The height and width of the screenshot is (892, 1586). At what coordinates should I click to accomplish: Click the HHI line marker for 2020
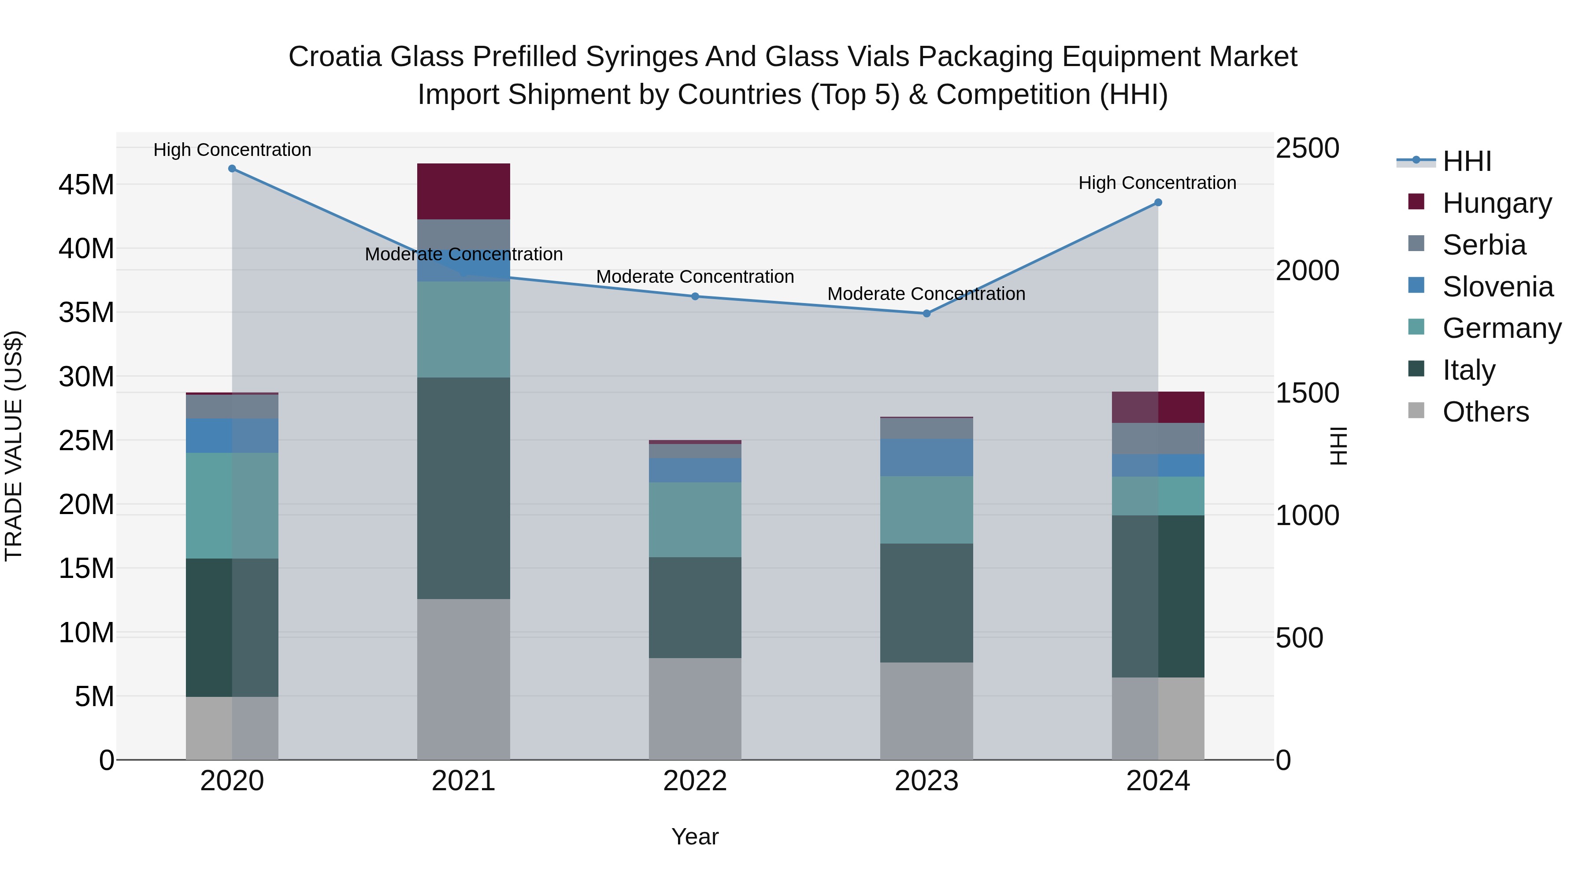[232, 169]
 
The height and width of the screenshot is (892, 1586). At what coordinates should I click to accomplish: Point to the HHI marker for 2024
[1158, 203]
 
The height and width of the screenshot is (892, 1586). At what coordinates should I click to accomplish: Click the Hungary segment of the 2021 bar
[463, 192]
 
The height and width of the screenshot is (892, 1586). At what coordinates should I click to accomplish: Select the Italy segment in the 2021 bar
[463, 488]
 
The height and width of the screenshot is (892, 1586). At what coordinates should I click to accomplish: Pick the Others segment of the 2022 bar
[695, 709]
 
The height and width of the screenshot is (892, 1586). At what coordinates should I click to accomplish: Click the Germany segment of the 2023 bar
[926, 510]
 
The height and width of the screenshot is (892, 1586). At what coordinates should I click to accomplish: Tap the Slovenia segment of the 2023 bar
[926, 457]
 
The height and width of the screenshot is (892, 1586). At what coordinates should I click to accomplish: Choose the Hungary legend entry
[1497, 203]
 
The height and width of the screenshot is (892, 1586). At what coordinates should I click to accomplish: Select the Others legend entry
[1485, 412]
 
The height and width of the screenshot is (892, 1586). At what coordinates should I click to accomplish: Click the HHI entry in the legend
[1467, 161]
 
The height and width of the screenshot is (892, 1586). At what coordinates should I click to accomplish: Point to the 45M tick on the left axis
[86, 185]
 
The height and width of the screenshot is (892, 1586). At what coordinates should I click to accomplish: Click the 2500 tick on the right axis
[1307, 148]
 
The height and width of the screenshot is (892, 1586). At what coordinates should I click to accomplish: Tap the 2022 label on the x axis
[695, 781]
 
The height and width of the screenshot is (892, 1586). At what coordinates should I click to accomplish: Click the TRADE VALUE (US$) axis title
[14, 446]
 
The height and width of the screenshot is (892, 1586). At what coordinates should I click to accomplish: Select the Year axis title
[695, 836]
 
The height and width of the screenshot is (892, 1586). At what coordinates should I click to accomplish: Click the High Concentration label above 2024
[1157, 183]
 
